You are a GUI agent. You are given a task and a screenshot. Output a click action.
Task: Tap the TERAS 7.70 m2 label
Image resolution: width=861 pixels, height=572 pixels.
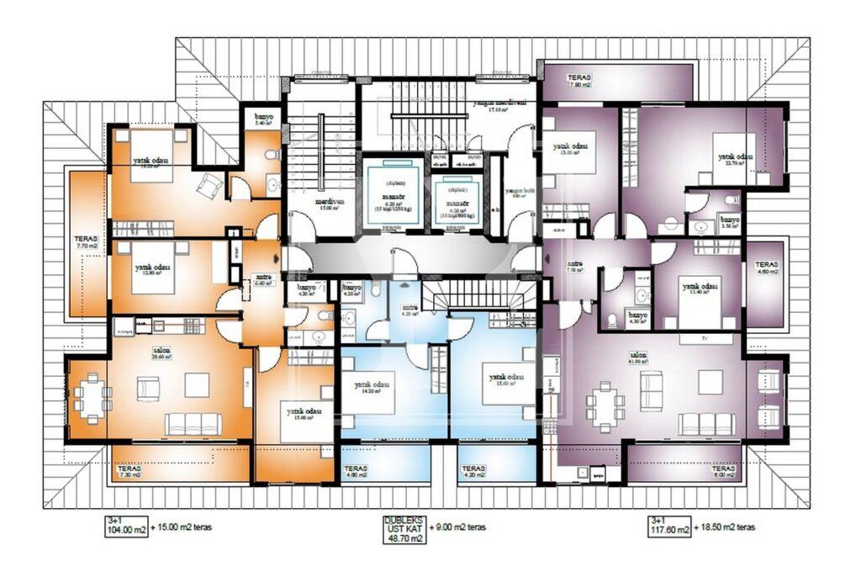(x=87, y=243)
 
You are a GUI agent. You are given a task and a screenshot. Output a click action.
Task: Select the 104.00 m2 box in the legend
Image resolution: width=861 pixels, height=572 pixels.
(x=126, y=529)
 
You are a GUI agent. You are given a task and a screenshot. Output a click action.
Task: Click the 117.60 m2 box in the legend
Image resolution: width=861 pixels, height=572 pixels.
(x=669, y=529)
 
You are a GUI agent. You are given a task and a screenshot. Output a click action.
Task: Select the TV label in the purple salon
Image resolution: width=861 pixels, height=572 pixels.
(x=704, y=339)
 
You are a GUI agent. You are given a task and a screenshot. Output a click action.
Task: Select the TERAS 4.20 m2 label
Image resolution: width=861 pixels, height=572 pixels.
(x=473, y=472)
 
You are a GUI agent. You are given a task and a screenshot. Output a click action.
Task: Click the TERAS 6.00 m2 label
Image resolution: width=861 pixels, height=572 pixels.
(x=723, y=472)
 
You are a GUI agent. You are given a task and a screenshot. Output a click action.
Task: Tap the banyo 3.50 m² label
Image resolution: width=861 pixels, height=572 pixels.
(x=728, y=223)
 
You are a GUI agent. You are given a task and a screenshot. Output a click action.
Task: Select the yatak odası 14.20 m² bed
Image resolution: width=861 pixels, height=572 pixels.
(x=369, y=390)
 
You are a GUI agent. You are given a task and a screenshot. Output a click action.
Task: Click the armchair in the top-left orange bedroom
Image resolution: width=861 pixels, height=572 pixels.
(x=209, y=184)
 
